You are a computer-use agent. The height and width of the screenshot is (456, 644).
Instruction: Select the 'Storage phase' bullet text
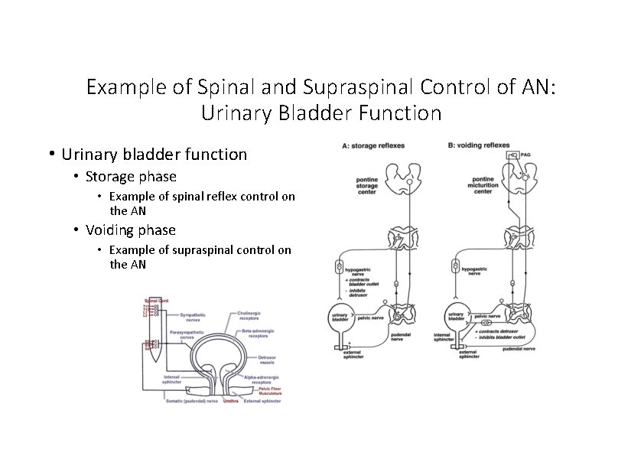tap(131, 177)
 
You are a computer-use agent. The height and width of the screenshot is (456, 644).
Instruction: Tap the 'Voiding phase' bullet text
tap(131, 230)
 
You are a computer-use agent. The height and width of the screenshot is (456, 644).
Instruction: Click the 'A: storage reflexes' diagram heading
tap(374, 145)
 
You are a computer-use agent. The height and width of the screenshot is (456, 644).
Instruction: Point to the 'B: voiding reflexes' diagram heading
tap(480, 145)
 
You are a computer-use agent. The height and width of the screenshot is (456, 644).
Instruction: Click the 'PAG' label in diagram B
tap(525, 155)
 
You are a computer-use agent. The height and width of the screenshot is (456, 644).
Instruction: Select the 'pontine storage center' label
tap(367, 186)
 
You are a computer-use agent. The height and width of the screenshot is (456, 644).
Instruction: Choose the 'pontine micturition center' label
tap(483, 186)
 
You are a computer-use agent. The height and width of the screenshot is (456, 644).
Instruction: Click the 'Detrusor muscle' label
tap(262, 360)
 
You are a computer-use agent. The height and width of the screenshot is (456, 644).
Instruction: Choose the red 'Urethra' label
tap(230, 400)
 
